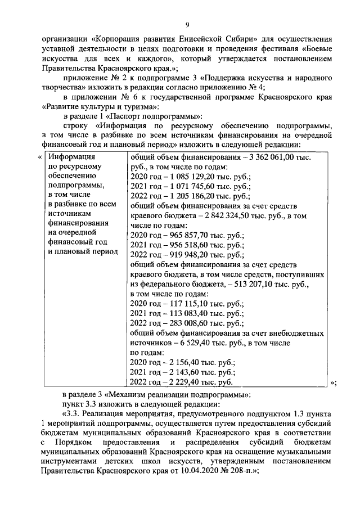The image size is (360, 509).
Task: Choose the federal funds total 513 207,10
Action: point(253,286)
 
